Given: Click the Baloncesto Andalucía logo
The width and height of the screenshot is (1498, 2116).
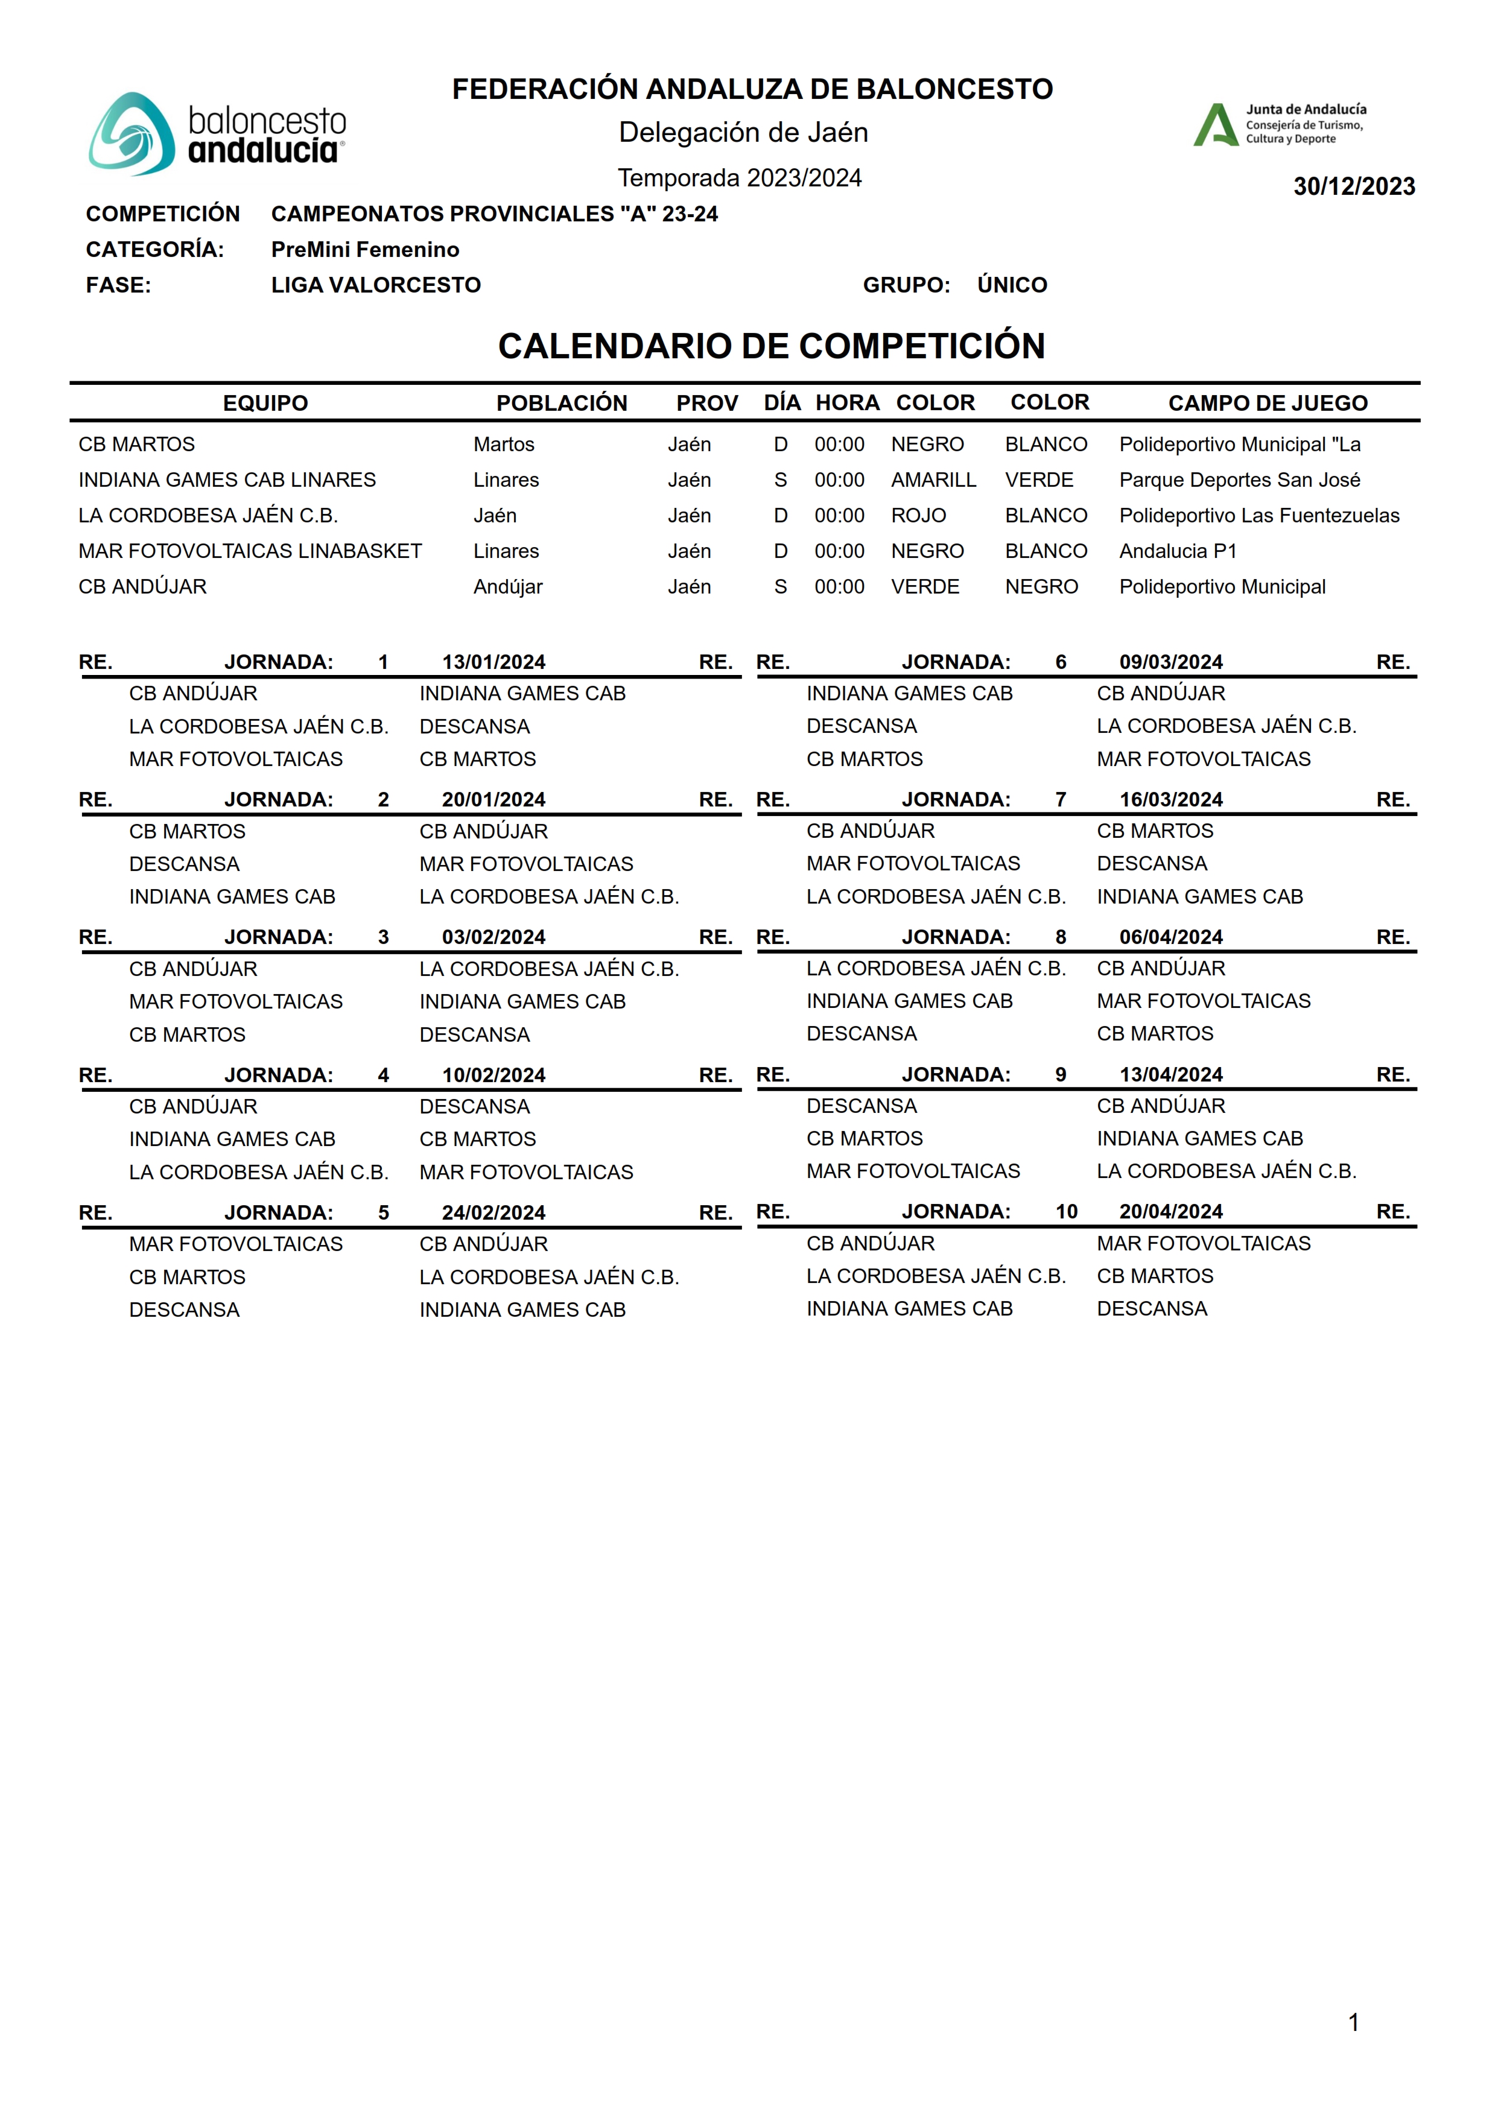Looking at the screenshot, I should point(217,135).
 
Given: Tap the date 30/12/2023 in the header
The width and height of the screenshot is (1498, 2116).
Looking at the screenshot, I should point(1353,186).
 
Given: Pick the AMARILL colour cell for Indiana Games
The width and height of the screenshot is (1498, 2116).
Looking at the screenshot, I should point(933,480).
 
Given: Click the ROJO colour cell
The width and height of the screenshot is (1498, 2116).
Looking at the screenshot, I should point(918,515).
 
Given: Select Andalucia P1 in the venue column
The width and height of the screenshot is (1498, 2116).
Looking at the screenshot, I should point(1177,551).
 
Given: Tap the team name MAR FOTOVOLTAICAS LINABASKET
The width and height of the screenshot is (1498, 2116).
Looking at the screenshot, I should point(250,551).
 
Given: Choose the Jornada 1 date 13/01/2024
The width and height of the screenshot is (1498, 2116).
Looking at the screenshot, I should point(494,662).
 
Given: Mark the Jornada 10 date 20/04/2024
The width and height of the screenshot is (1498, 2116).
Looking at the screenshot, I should point(1170,1212).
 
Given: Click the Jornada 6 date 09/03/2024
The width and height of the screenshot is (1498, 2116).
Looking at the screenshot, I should point(1170,662).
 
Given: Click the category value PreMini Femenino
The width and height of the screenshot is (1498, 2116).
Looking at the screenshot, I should point(364,249).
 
